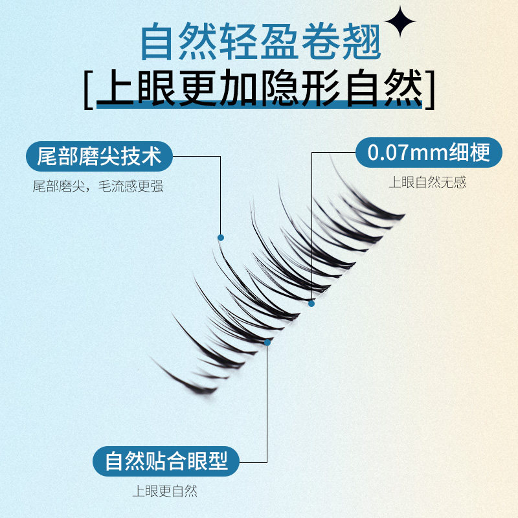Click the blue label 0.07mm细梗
pyautogui.click(x=428, y=153)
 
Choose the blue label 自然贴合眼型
pyautogui.click(x=166, y=462)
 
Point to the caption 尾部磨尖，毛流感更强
pyautogui.click(x=98, y=186)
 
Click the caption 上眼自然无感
pyautogui.click(x=427, y=183)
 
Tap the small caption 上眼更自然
pyautogui.click(x=164, y=491)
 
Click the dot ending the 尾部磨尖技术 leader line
pyautogui.click(x=221, y=238)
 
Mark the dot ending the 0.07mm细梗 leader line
pyautogui.click(x=311, y=303)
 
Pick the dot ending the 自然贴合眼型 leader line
pyautogui.click(x=267, y=342)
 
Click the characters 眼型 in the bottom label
pyautogui.click(x=210, y=462)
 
